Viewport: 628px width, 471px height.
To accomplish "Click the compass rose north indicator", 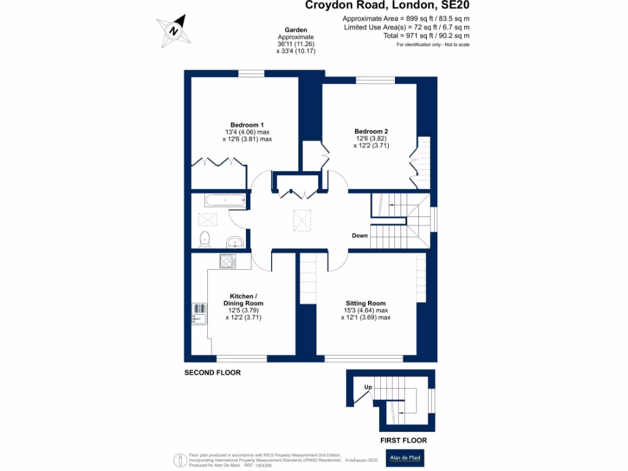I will tap(174, 31).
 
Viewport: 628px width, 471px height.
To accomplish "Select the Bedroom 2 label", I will tap(371, 131).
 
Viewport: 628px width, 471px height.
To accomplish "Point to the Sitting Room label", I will tap(366, 303).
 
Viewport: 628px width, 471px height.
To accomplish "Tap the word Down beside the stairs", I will tap(360, 236).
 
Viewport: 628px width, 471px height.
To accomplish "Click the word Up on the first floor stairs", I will tap(368, 387).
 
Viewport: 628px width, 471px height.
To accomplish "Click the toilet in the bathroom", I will tap(205, 239).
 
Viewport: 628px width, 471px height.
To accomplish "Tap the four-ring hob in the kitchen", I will tap(226, 261).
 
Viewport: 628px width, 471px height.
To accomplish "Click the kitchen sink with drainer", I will tap(199, 313).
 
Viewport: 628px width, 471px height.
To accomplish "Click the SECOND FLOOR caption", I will tap(213, 373).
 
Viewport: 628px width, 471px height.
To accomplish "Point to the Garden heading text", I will tap(296, 30).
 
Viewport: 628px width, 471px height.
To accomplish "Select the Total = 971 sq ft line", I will tap(407, 36).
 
